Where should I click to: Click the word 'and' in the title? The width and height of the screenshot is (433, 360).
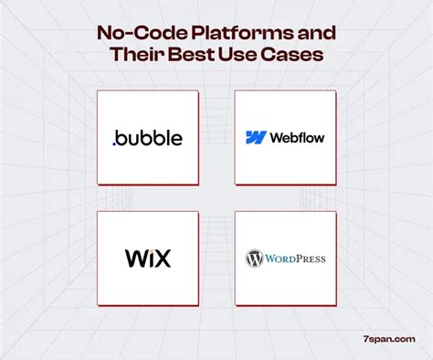pyautogui.click(x=312, y=34)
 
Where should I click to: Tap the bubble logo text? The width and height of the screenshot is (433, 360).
pyautogui.click(x=149, y=137)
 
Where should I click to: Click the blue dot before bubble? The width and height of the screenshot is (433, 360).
pyautogui.click(x=114, y=143)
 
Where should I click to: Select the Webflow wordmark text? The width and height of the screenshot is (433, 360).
pyautogui.click(x=297, y=138)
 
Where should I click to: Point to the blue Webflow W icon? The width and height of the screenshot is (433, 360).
pyautogui.click(x=256, y=138)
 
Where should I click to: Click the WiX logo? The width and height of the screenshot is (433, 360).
pyautogui.click(x=147, y=258)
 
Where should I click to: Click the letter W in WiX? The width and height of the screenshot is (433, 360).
pyautogui.click(x=134, y=258)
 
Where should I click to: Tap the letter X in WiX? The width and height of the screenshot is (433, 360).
pyautogui.click(x=162, y=258)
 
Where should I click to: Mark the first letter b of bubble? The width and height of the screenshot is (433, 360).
pyautogui.click(x=121, y=137)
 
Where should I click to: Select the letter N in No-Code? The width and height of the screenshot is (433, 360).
pyautogui.click(x=105, y=34)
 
